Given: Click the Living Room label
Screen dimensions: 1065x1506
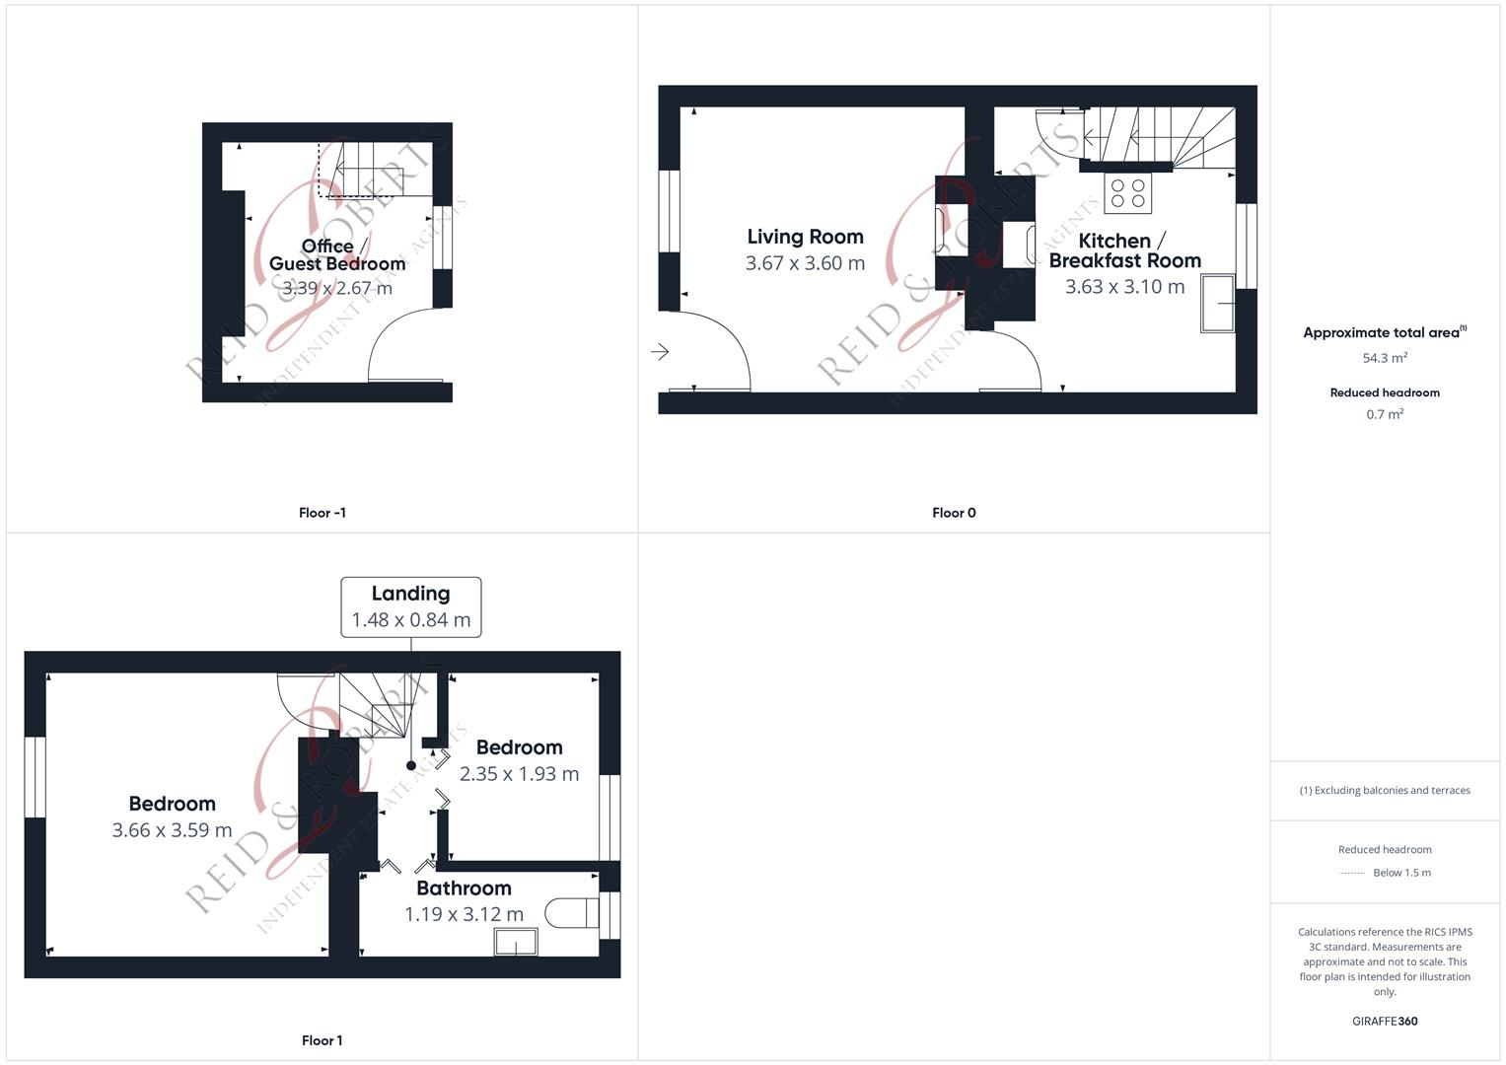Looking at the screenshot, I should click(x=805, y=237).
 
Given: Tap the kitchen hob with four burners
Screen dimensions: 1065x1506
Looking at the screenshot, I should click(x=1127, y=192).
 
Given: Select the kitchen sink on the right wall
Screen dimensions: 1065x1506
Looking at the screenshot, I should click(x=1218, y=304).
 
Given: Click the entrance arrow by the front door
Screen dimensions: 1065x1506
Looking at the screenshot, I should click(x=660, y=351).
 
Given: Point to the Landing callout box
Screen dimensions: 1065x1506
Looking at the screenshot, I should click(x=410, y=606).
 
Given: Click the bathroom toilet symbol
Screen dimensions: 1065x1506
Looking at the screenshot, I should click(x=572, y=913).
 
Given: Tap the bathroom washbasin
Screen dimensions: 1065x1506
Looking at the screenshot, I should click(x=516, y=943).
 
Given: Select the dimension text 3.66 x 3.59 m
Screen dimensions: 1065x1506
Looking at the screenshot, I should click(x=172, y=830).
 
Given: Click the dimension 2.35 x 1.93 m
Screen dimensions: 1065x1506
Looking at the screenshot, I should click(x=519, y=774).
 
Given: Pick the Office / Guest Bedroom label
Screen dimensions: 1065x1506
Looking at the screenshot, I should click(x=335, y=254).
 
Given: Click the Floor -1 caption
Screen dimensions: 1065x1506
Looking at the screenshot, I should click(x=322, y=513).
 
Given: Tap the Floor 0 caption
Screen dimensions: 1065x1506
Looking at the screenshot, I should click(x=954, y=513).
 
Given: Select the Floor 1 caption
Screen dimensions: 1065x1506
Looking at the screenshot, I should click(x=322, y=1040).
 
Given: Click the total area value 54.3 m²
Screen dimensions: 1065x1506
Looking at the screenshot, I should click(x=1385, y=358).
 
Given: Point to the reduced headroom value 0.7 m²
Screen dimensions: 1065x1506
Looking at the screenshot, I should click(x=1385, y=414).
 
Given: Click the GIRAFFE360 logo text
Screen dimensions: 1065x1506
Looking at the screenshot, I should click(x=1385, y=1022).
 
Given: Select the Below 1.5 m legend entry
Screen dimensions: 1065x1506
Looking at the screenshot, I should click(x=1400, y=873).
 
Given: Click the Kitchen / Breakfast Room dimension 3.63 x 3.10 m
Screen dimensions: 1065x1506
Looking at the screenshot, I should click(x=1124, y=287).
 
